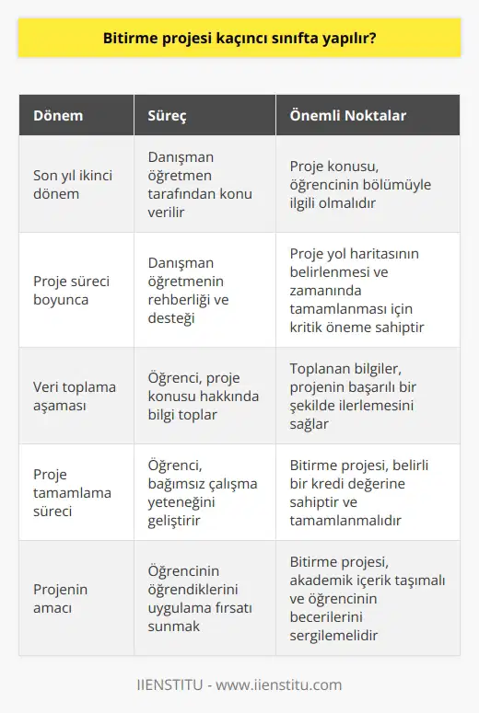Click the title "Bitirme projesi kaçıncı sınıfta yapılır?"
[239, 41]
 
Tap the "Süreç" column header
[169, 116]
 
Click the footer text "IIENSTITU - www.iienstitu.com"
[239, 684]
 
